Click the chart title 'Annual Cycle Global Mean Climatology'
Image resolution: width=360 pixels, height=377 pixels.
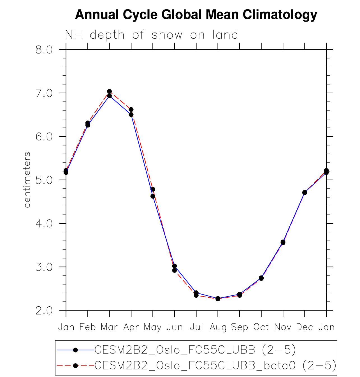[x=196, y=15]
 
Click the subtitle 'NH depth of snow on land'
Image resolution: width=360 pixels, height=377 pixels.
[x=151, y=35]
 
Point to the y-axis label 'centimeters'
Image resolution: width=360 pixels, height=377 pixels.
[x=27, y=180]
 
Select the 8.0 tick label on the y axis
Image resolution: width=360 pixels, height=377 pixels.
[x=44, y=50]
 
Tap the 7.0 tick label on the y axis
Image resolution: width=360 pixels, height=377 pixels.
[x=44, y=93]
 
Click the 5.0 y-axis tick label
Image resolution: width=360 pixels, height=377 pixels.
[x=44, y=180]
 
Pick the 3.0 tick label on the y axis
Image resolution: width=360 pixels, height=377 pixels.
[x=44, y=267]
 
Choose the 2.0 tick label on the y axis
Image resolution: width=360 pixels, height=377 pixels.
[x=44, y=311]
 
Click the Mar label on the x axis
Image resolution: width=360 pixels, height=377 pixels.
[x=109, y=327]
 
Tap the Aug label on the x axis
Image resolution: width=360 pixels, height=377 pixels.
[x=218, y=327]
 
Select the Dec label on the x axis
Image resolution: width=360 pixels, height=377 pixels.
[x=305, y=327]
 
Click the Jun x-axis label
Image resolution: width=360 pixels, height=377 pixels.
[x=175, y=327]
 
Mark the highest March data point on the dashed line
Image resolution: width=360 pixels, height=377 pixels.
[x=109, y=91]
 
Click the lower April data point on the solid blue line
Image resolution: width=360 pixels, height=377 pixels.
[x=131, y=114]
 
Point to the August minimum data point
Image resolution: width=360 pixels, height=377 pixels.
[x=218, y=299]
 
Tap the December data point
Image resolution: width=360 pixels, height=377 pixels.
[x=305, y=192]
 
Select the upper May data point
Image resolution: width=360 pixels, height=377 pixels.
[x=153, y=189]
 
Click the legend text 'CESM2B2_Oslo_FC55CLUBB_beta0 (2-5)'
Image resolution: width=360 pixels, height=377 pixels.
[x=215, y=366]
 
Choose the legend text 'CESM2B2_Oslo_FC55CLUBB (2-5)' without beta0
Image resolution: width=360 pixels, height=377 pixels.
[x=195, y=350]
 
